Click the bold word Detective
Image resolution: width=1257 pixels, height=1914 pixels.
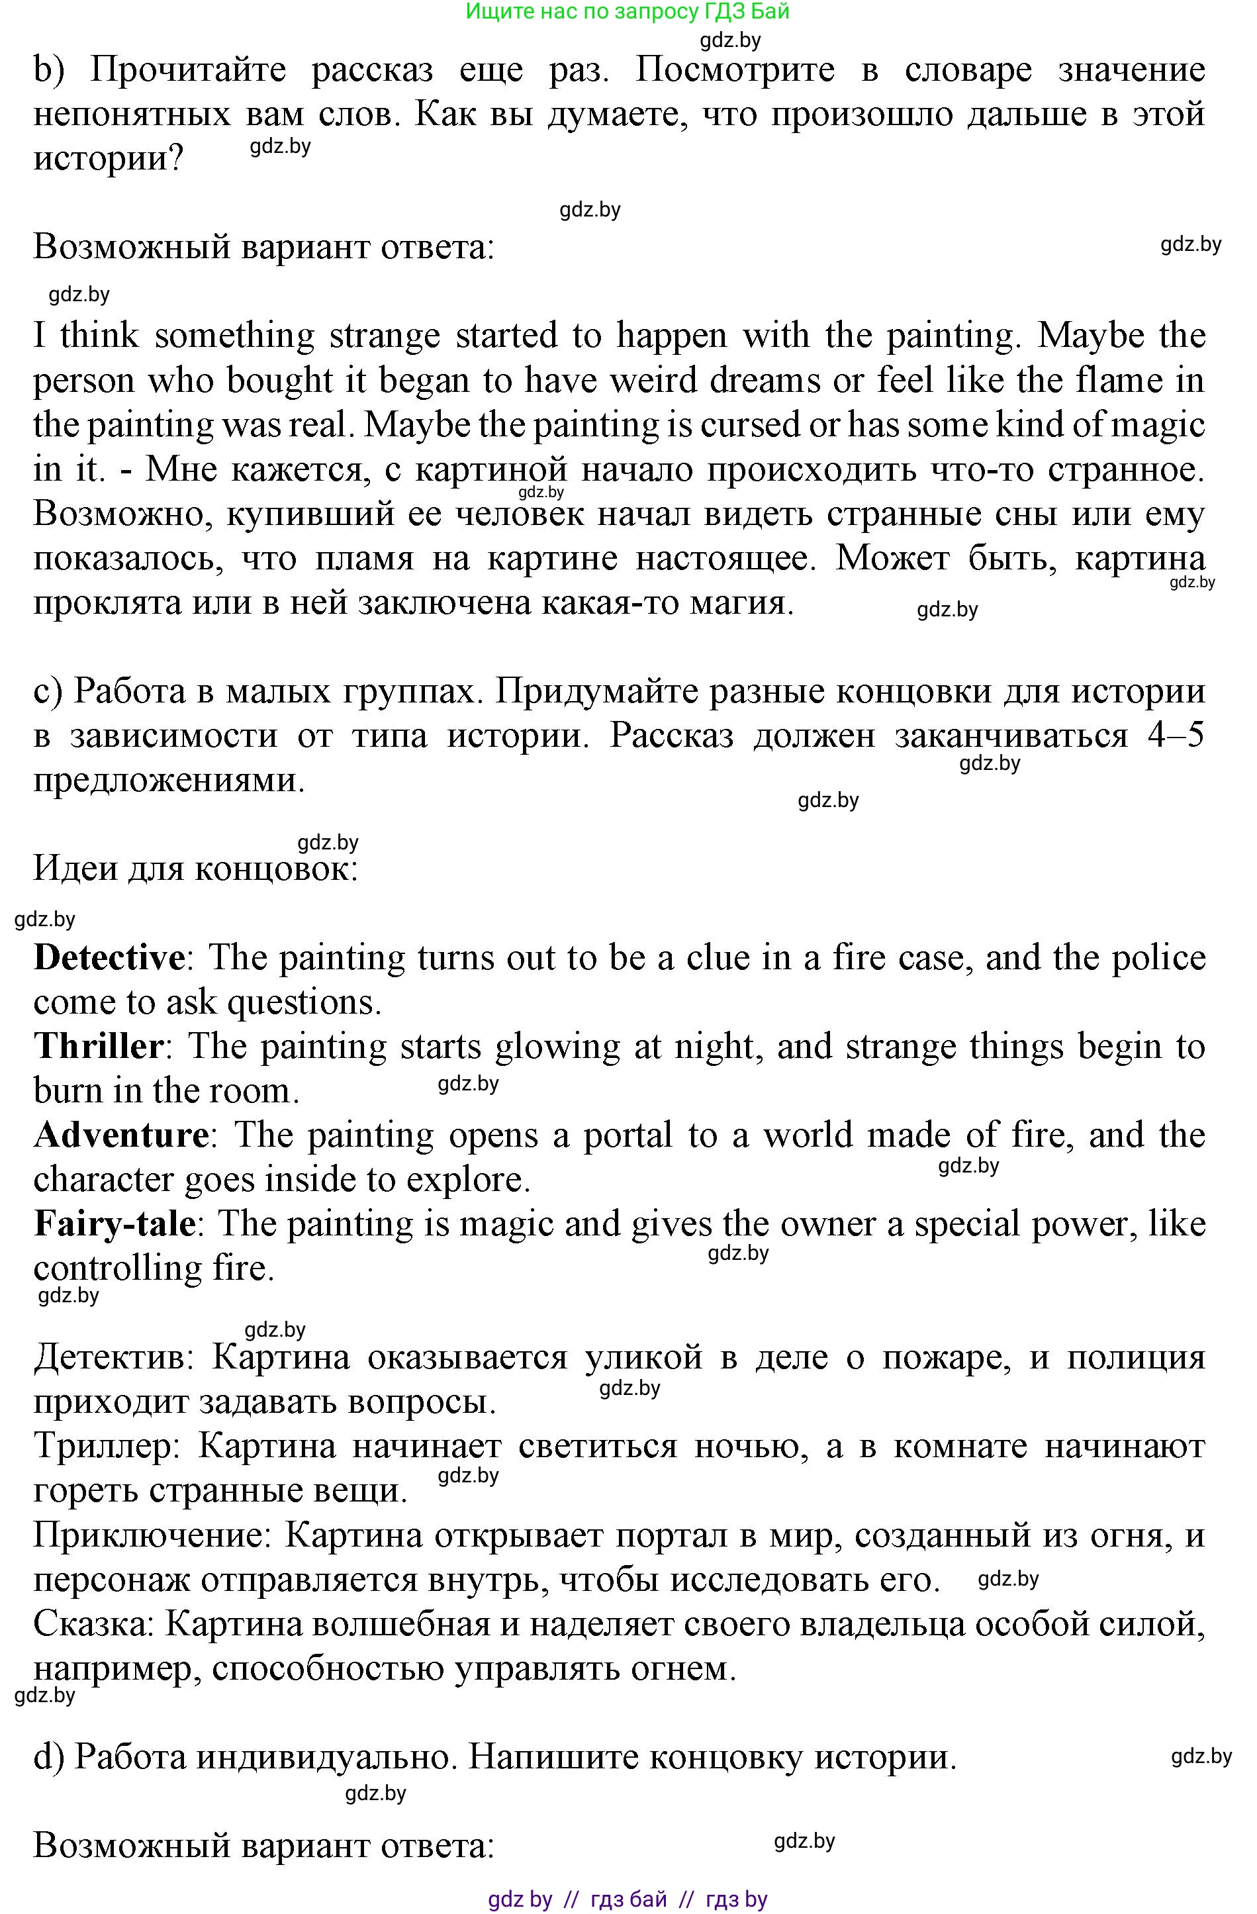(x=109, y=958)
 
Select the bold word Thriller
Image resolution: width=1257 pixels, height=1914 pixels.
(x=98, y=1046)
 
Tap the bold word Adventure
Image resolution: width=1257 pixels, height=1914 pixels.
(x=120, y=1135)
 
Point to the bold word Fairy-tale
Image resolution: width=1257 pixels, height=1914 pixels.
(x=115, y=1223)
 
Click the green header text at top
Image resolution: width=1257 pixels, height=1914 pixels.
(x=628, y=11)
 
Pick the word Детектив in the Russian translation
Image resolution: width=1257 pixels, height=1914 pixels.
(x=109, y=1357)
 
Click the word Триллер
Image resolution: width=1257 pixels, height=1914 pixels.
(x=103, y=1446)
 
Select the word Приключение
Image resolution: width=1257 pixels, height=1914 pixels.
(x=149, y=1535)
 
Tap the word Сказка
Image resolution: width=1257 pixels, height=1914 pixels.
(x=93, y=1623)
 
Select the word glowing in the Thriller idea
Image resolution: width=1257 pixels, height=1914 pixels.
(x=557, y=1046)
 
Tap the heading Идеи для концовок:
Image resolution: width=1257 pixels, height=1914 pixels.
(x=195, y=869)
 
